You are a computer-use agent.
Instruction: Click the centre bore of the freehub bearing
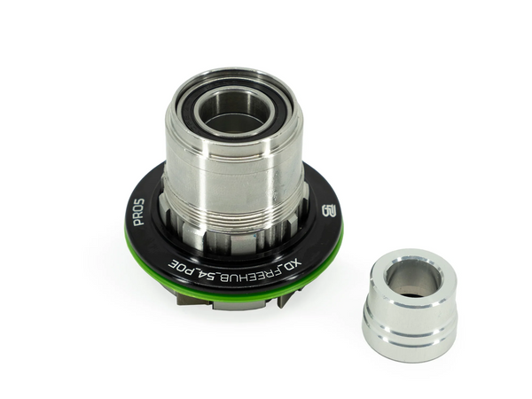[x=232, y=111]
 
